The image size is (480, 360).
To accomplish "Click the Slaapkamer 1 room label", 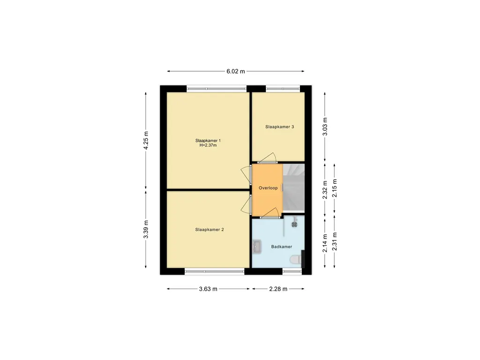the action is [x=208, y=141].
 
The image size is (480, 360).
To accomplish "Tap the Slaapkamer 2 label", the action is [x=210, y=230].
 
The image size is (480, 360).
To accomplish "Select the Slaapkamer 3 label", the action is [x=279, y=127].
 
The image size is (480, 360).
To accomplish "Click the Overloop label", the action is [x=268, y=188].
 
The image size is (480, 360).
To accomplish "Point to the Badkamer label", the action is [x=282, y=247].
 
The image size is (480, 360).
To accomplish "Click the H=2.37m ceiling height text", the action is [x=208, y=145].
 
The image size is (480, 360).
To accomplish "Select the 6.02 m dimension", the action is [x=236, y=71].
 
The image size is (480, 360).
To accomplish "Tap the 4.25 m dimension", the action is [x=146, y=141].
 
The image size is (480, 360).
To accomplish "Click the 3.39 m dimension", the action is [x=146, y=229].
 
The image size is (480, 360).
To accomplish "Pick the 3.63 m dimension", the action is [x=208, y=289].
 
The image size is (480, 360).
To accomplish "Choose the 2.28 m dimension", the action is [x=278, y=289].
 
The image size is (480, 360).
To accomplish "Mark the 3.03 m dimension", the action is [x=325, y=127].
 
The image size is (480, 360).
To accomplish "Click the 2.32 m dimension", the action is [x=325, y=190].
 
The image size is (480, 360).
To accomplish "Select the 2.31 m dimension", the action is [x=335, y=241].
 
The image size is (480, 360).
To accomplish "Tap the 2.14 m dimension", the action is [x=325, y=243].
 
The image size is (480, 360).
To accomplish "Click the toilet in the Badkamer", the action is [x=295, y=260].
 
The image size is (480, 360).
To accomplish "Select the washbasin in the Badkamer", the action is [x=257, y=247].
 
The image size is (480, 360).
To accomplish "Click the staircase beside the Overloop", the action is [x=293, y=187].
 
